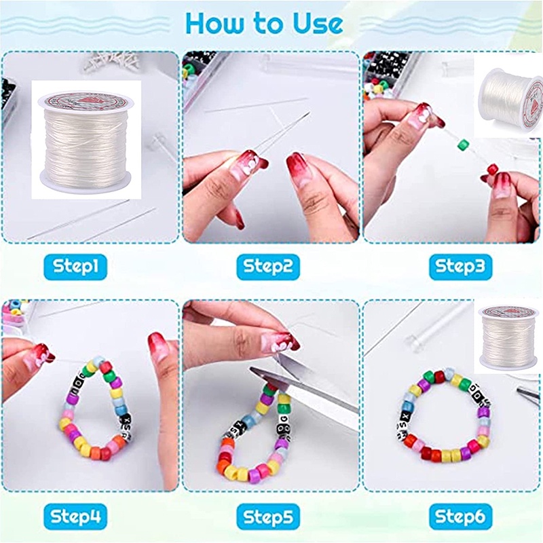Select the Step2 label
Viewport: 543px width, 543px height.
(267, 267)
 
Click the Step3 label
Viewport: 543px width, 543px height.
(461, 267)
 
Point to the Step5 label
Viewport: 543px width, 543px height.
(267, 517)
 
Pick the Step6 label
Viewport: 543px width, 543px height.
(461, 517)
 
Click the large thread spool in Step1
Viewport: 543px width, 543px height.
(86, 139)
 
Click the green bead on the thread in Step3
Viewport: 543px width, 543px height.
(464, 145)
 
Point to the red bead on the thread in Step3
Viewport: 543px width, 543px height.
(493, 169)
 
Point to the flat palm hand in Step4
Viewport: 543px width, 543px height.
(163, 394)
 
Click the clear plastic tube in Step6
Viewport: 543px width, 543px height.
(434, 326)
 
